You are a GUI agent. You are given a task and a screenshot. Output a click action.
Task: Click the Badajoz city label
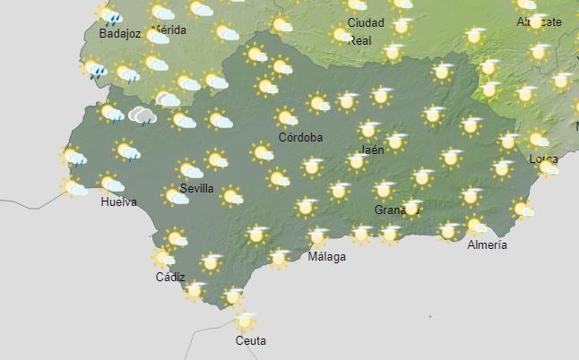pos(120,34)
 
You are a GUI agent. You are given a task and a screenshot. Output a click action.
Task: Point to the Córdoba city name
pos(300,138)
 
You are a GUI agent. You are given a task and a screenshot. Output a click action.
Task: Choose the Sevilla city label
pos(196,189)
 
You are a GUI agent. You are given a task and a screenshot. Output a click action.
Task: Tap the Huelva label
pos(119,201)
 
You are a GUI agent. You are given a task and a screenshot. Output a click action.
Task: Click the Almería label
pos(488,244)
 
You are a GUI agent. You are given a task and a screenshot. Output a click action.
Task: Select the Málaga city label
pos(326,257)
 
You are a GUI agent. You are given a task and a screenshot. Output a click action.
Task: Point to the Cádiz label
pos(170,278)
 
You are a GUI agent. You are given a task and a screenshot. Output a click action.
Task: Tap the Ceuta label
pos(251,340)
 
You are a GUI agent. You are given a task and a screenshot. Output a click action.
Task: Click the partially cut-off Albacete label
pos(540,21)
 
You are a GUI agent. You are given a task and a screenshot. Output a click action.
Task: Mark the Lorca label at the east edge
pos(544,159)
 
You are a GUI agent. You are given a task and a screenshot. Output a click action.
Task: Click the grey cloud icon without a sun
pos(142,115)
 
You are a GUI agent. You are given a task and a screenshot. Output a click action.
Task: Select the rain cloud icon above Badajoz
pos(110,15)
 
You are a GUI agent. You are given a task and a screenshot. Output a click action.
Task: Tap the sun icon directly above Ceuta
pos(244,320)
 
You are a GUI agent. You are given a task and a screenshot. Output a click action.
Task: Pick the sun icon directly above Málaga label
pos(317,237)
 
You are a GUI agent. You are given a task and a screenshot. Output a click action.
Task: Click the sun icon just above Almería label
pos(475,225)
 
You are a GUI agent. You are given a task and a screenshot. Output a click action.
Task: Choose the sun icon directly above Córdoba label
pos(286,117)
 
